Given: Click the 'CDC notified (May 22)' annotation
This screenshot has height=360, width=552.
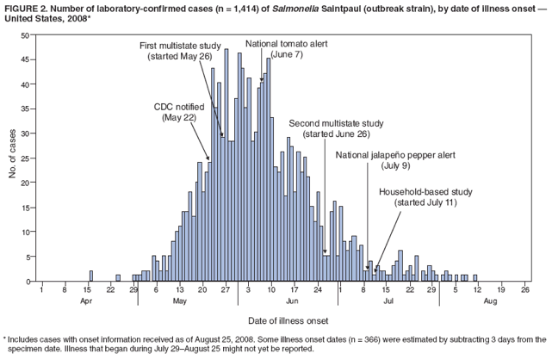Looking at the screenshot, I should [180, 112].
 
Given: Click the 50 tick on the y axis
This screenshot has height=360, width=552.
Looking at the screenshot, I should [26, 34].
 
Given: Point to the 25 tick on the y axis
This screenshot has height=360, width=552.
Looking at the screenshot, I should [26, 158].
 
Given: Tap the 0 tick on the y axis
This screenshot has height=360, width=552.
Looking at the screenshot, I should [28, 282].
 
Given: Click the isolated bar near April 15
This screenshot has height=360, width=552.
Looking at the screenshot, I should [90, 276].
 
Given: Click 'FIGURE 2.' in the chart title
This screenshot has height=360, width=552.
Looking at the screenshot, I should [25, 7].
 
